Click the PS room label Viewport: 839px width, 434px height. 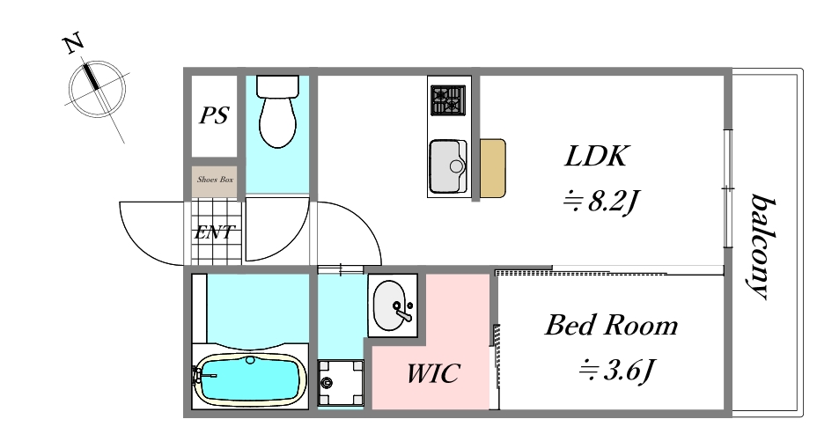coord(215,115)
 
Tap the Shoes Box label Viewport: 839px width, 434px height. coord(215,180)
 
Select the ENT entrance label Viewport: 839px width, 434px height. coord(214,232)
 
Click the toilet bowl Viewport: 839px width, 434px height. coord(277,112)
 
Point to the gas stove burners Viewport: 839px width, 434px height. coord(448,100)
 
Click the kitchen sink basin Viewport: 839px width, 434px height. coord(448,166)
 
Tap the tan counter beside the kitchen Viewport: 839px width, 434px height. coord(492,168)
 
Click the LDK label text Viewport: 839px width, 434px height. coord(595,157)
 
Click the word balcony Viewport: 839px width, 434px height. coord(761,246)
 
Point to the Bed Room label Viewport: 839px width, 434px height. coord(611,326)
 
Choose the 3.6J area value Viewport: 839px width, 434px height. coord(617,370)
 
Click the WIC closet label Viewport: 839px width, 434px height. coord(432,373)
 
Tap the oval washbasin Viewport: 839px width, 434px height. coord(391,305)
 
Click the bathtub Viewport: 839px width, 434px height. coord(250,379)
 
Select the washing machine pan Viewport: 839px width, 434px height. coord(341,383)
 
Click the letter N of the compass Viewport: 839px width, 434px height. coord(73,43)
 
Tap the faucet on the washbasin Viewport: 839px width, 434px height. coord(403,312)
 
